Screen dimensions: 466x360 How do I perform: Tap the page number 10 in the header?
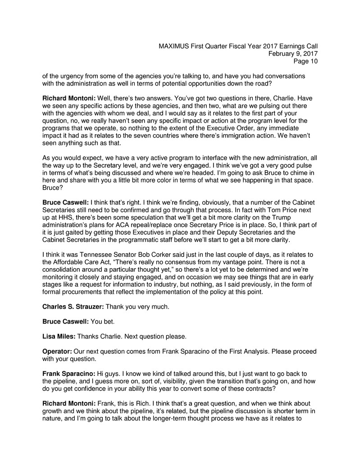[x=313, y=62]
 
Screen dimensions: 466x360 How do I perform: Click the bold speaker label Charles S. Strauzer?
[x=73, y=306]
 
